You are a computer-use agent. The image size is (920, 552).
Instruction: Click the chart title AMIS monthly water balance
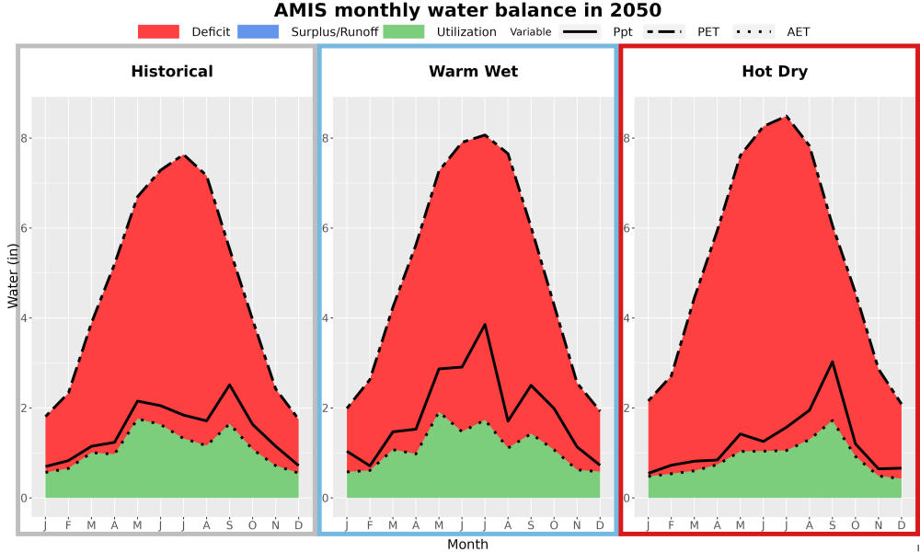pos(467,10)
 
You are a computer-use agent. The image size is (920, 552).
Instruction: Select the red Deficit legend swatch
pos(158,31)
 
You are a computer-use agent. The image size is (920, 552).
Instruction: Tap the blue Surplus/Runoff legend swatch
pos(259,31)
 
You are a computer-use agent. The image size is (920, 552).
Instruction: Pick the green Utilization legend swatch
pos(404,31)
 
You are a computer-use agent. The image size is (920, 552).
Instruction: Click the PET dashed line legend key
pos(663,31)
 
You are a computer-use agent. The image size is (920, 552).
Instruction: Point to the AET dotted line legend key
pos(753,31)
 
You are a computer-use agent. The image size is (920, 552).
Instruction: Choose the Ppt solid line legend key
pos(580,31)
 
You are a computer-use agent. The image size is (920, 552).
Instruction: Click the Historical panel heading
pos(172,72)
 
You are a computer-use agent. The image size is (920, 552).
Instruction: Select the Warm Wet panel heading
pos(474,72)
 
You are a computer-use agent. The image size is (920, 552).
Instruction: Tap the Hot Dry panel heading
pos(775,72)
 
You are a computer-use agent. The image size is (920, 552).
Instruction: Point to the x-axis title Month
pos(467,545)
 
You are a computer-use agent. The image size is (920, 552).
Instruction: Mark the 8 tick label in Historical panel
pos(25,138)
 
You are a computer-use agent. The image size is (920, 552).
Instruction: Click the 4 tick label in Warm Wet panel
pos(326,318)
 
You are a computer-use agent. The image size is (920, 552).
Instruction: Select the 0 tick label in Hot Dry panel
pos(627,498)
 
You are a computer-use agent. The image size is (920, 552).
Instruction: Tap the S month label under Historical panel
pos(229,525)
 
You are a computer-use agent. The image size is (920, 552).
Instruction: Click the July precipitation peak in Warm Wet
pos(485,324)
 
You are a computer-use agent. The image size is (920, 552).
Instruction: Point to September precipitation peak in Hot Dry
pos(832,362)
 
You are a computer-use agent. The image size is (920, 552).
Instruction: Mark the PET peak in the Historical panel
pos(184,155)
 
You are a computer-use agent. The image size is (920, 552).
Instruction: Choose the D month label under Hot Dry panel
pos(902,525)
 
